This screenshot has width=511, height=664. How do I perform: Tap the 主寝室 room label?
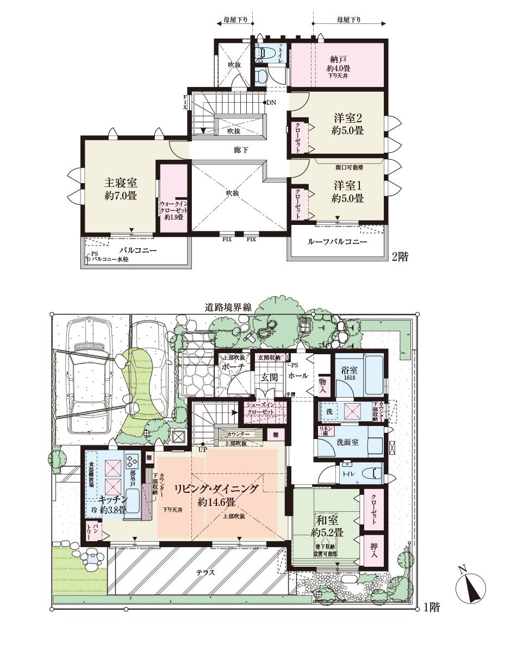click(x=120, y=188)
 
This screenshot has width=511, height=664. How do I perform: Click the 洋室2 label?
click(x=348, y=124)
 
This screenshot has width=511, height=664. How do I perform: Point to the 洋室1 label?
click(x=348, y=192)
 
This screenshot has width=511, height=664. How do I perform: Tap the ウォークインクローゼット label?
click(x=173, y=210)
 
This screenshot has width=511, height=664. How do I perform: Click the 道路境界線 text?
click(x=228, y=307)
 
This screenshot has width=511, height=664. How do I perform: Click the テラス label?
click(x=205, y=572)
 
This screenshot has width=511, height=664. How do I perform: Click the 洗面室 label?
click(x=346, y=442)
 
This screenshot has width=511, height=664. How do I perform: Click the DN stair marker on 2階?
click(x=270, y=102)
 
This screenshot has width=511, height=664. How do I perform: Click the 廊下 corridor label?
click(x=241, y=150)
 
